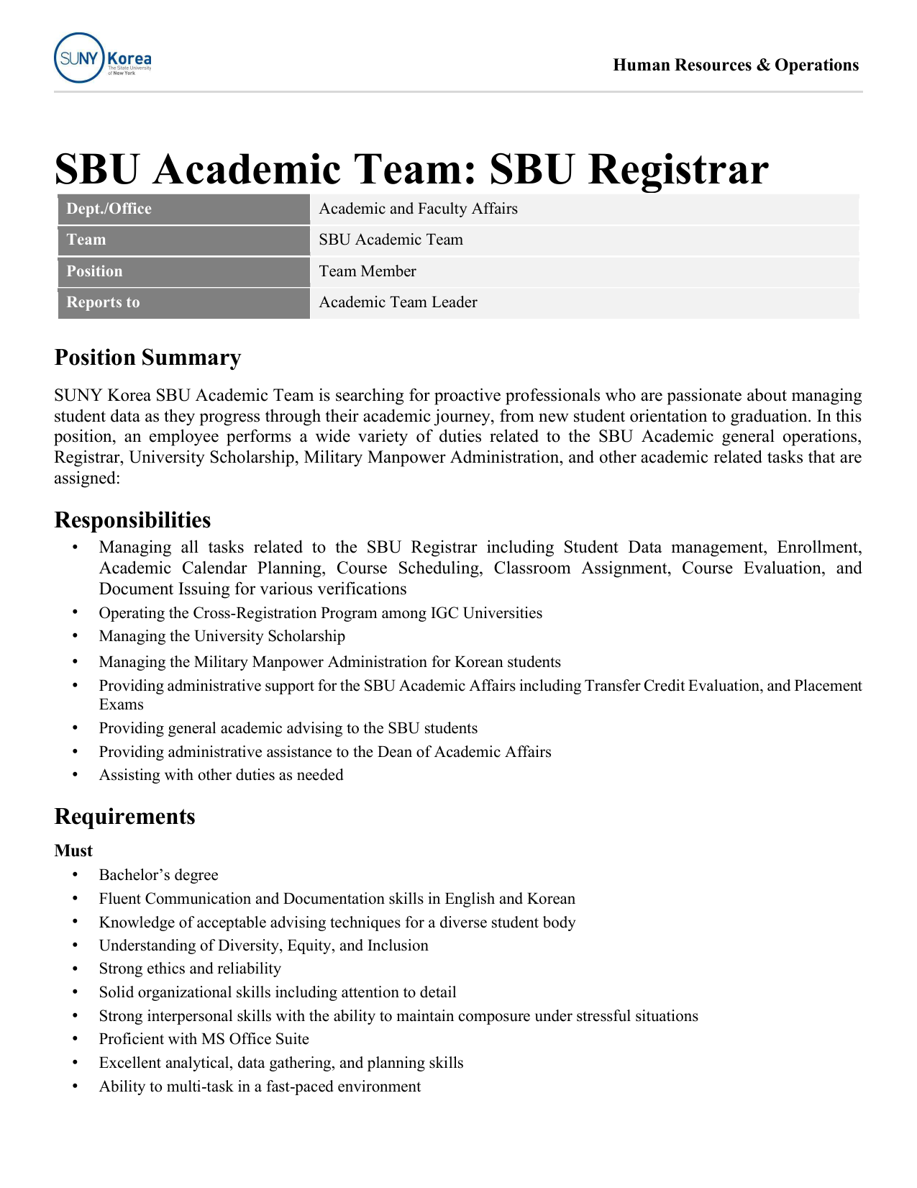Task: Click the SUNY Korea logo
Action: coord(102,58)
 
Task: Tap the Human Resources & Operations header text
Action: coord(735,65)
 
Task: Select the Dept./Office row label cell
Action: coord(183,209)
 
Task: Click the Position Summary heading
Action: coord(147,358)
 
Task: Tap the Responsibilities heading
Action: coord(132,520)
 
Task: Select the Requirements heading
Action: coord(124,817)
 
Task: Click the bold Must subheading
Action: coord(73,851)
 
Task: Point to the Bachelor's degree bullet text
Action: coord(158,875)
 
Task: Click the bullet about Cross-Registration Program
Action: coord(320,613)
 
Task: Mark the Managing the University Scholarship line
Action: coord(222,636)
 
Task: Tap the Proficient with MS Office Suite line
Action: coord(204,1039)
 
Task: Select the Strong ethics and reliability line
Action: coord(190,969)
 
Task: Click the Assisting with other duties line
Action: coord(221,775)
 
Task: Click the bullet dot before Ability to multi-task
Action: coord(75,1087)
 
